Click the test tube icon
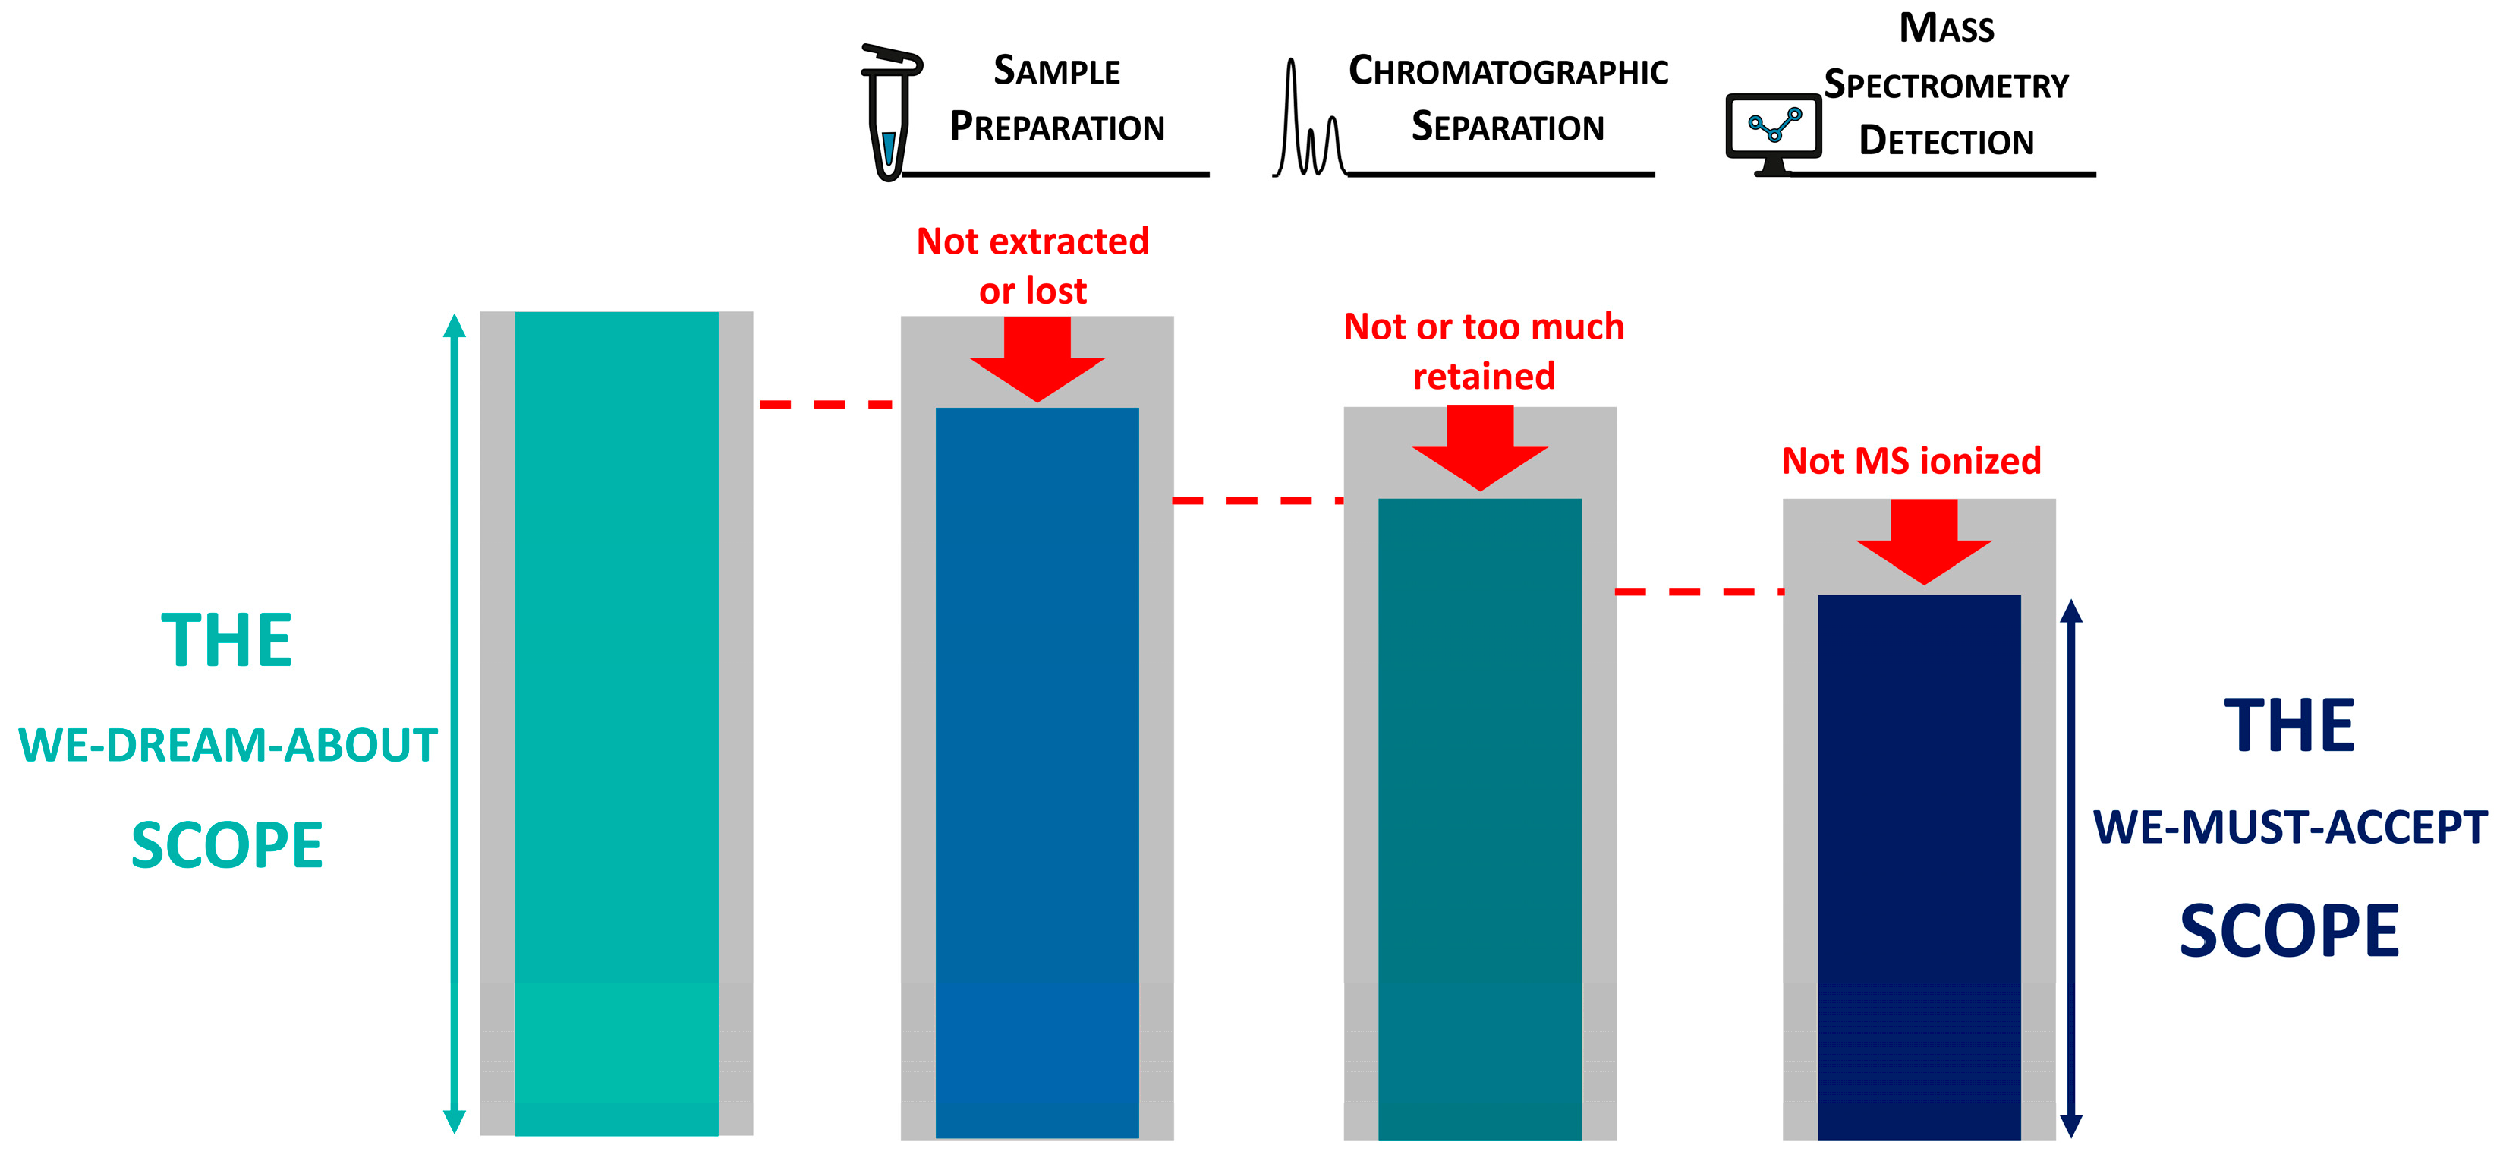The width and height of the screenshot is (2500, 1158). (889, 112)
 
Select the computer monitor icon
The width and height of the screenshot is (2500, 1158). (1773, 132)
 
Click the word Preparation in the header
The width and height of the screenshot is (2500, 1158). (1057, 127)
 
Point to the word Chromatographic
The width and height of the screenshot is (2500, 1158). (1508, 72)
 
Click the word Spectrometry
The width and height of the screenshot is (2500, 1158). (1946, 85)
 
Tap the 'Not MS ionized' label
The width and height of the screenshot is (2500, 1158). (1911, 461)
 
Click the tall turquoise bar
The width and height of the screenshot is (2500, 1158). (616, 723)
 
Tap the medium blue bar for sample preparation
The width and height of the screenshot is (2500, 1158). (1037, 771)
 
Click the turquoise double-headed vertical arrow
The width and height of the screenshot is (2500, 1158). (454, 723)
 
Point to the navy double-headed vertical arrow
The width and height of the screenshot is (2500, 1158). (2071, 868)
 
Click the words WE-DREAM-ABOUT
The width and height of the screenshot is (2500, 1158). (228, 746)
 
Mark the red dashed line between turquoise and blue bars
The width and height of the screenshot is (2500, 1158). (826, 404)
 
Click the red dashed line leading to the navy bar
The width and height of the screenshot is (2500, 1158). (1699, 591)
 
